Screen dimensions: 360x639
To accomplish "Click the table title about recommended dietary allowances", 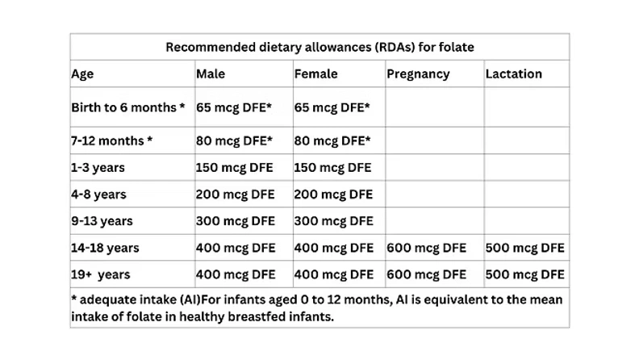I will click(x=319, y=47).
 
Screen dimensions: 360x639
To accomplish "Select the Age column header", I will click(x=82, y=73).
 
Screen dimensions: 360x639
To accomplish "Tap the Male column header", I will click(x=211, y=73).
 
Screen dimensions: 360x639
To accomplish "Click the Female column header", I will click(x=315, y=73).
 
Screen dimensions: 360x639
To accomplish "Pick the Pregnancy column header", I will click(x=418, y=73).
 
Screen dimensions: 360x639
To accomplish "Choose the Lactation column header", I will click(x=513, y=73).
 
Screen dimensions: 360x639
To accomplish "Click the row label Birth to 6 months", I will click(x=128, y=107).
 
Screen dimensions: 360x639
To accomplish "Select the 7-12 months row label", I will click(x=111, y=140).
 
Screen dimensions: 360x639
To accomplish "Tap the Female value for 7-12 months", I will click(x=332, y=140).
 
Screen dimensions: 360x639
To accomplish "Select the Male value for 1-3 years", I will click(x=235, y=168).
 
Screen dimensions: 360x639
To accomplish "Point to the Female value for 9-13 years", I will click(x=333, y=220).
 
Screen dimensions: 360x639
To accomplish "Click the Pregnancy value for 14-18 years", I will click(x=426, y=248).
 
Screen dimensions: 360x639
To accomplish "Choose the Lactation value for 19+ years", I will click(x=524, y=274).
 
